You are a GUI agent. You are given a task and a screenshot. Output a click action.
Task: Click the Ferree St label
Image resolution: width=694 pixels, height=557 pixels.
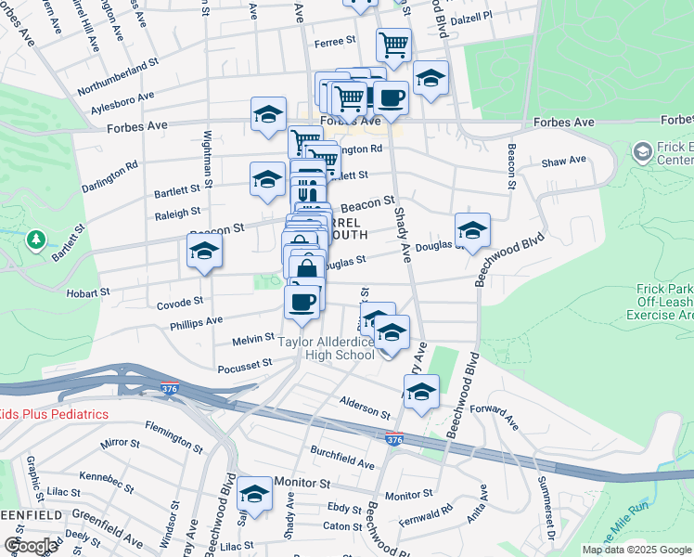tap(336, 41)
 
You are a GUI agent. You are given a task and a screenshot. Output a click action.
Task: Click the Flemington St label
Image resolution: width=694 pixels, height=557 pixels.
tap(173, 435)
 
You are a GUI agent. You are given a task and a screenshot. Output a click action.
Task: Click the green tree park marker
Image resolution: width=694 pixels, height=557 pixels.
tap(36, 241)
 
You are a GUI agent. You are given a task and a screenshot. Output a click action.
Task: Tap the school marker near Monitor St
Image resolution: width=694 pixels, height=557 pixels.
tap(254, 493)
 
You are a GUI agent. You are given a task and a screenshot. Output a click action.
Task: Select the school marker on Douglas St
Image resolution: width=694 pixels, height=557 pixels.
tap(472, 228)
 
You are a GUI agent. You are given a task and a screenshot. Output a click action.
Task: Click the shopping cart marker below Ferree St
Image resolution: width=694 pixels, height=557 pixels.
tap(394, 43)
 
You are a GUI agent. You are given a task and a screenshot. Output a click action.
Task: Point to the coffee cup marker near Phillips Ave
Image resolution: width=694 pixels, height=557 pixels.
tap(301, 302)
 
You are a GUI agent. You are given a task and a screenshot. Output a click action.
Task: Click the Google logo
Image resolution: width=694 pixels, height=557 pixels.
tap(31, 546)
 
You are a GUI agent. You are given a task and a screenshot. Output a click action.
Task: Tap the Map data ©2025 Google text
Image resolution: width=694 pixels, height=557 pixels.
tap(636, 550)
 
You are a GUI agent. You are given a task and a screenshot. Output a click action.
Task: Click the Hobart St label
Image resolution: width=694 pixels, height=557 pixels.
tap(88, 291)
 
